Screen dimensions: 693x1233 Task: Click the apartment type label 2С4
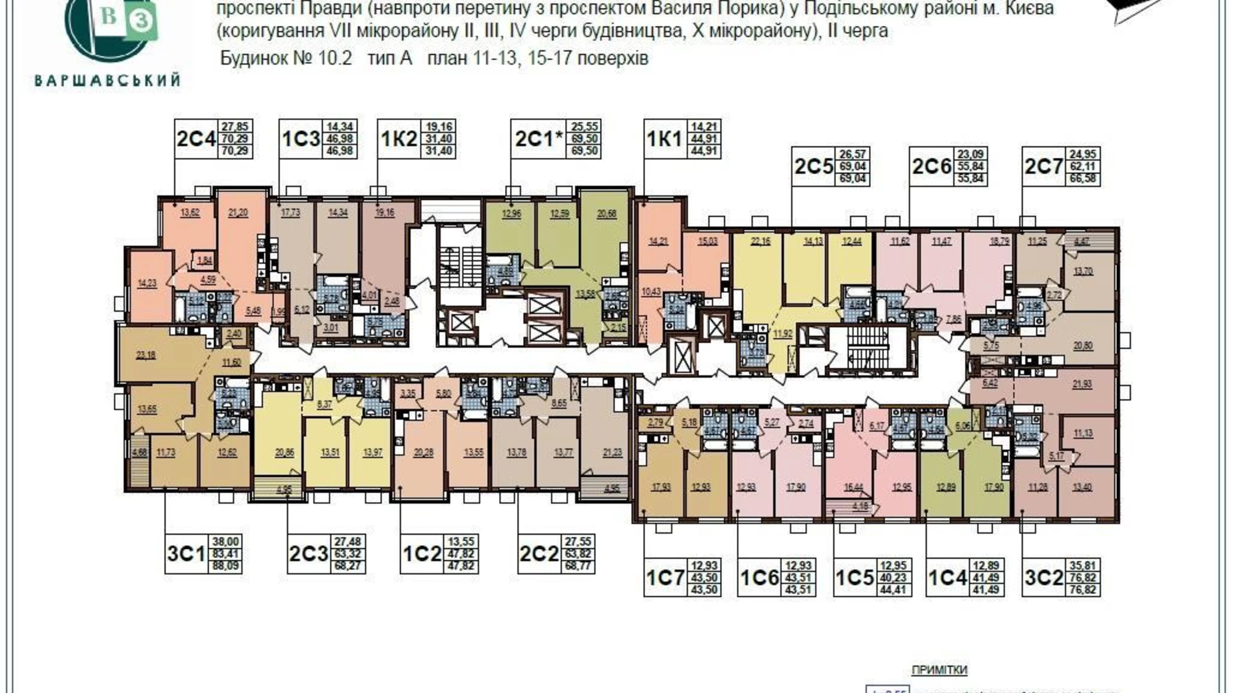tap(196, 139)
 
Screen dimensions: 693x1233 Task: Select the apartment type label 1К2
tap(399, 139)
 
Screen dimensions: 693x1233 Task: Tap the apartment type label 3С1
tap(186, 554)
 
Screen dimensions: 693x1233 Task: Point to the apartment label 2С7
tap(1043, 167)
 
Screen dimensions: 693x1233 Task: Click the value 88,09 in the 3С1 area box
tap(225, 567)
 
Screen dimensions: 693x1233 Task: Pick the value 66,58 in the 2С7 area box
tap(1082, 179)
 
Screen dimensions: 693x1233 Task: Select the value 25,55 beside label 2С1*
tap(584, 127)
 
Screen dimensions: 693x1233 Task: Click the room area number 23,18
tap(145, 355)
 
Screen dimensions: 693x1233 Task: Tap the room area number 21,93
tap(1082, 384)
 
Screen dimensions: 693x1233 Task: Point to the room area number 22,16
tap(760, 241)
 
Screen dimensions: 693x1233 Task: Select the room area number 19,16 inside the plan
tap(385, 213)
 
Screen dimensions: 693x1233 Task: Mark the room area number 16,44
tap(853, 487)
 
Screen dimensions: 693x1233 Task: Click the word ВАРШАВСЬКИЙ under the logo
tap(107, 81)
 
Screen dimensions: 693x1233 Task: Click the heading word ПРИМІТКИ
tap(938, 670)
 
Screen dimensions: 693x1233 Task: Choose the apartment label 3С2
tap(1043, 578)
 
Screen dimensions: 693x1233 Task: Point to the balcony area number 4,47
tap(1081, 242)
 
